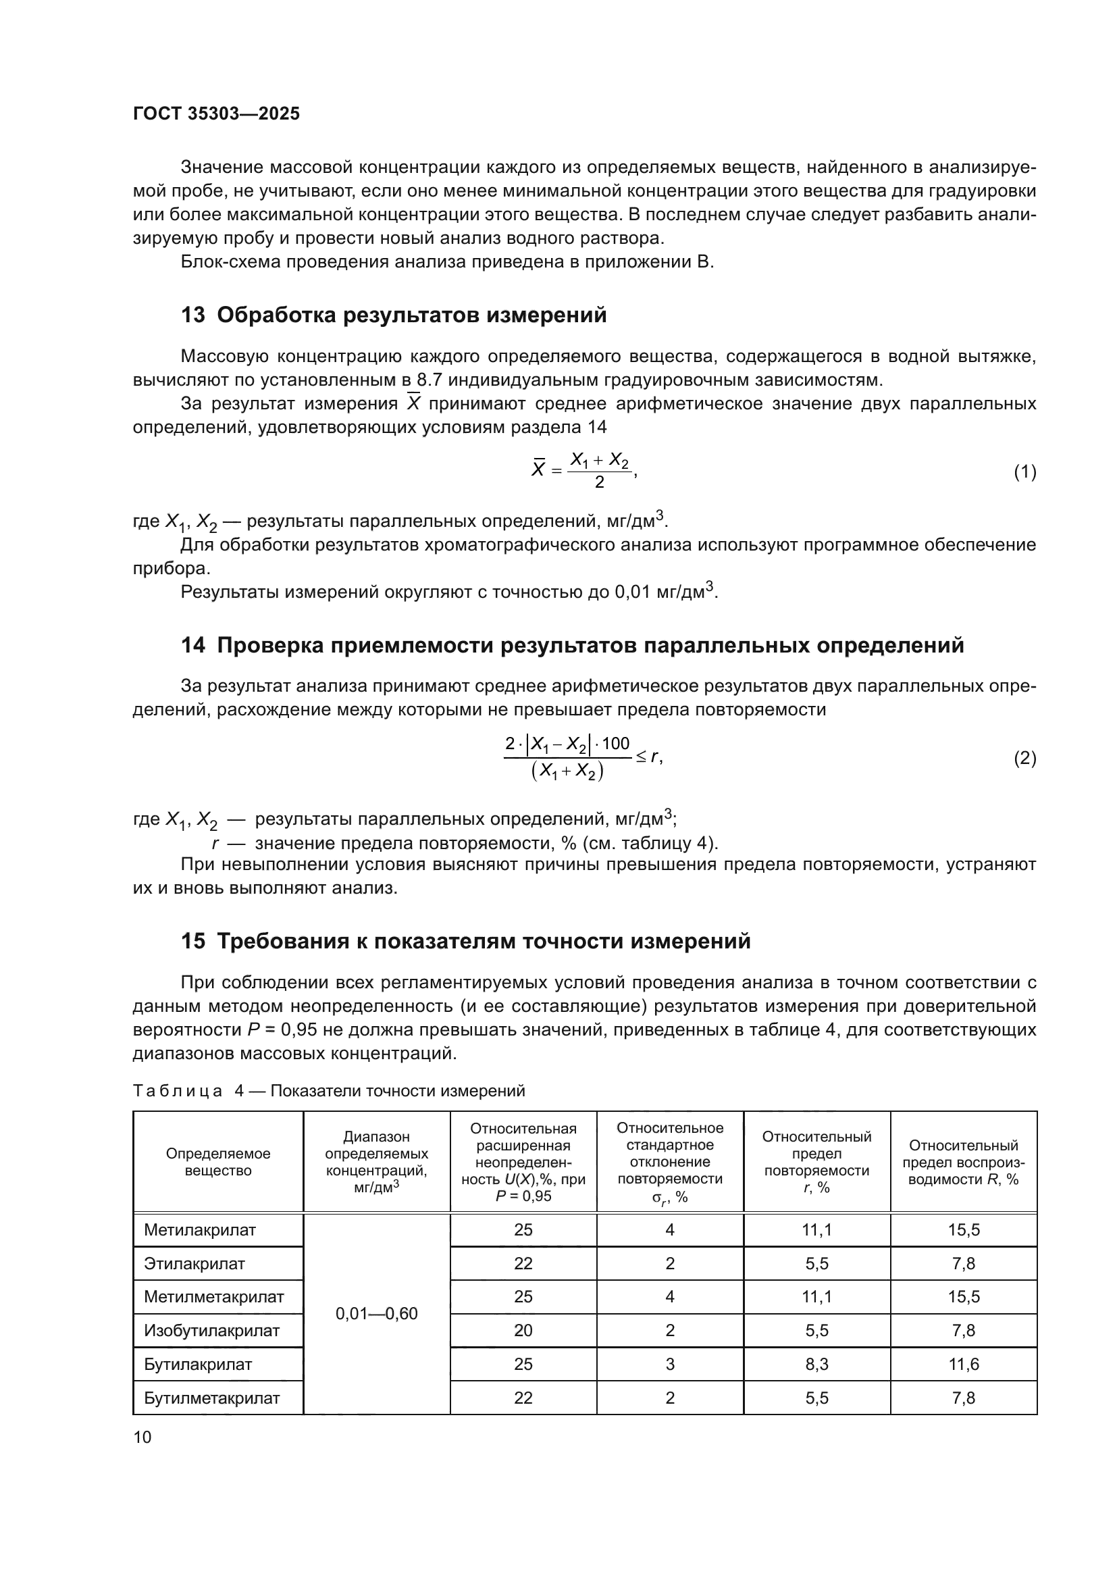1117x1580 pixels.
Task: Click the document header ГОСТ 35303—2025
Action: tap(216, 113)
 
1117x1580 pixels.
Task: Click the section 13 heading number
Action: tap(192, 315)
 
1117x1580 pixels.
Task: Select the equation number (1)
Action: tap(1025, 472)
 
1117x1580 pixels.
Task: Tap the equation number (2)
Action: tap(1025, 759)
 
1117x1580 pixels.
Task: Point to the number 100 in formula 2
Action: tap(616, 743)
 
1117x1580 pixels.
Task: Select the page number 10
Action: tap(142, 1437)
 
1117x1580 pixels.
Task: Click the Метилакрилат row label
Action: tap(199, 1229)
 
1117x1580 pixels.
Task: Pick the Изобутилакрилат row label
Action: tap(211, 1330)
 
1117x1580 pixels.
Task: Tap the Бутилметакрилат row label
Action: tap(211, 1398)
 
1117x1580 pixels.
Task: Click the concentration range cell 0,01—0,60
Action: tap(376, 1314)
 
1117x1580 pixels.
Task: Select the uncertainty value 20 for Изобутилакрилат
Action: tap(523, 1330)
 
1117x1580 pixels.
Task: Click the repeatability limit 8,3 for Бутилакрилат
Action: tap(816, 1364)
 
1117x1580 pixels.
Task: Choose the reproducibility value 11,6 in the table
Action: tap(963, 1364)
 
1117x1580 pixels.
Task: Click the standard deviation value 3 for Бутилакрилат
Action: tap(670, 1364)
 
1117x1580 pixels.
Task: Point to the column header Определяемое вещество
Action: tap(218, 1162)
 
